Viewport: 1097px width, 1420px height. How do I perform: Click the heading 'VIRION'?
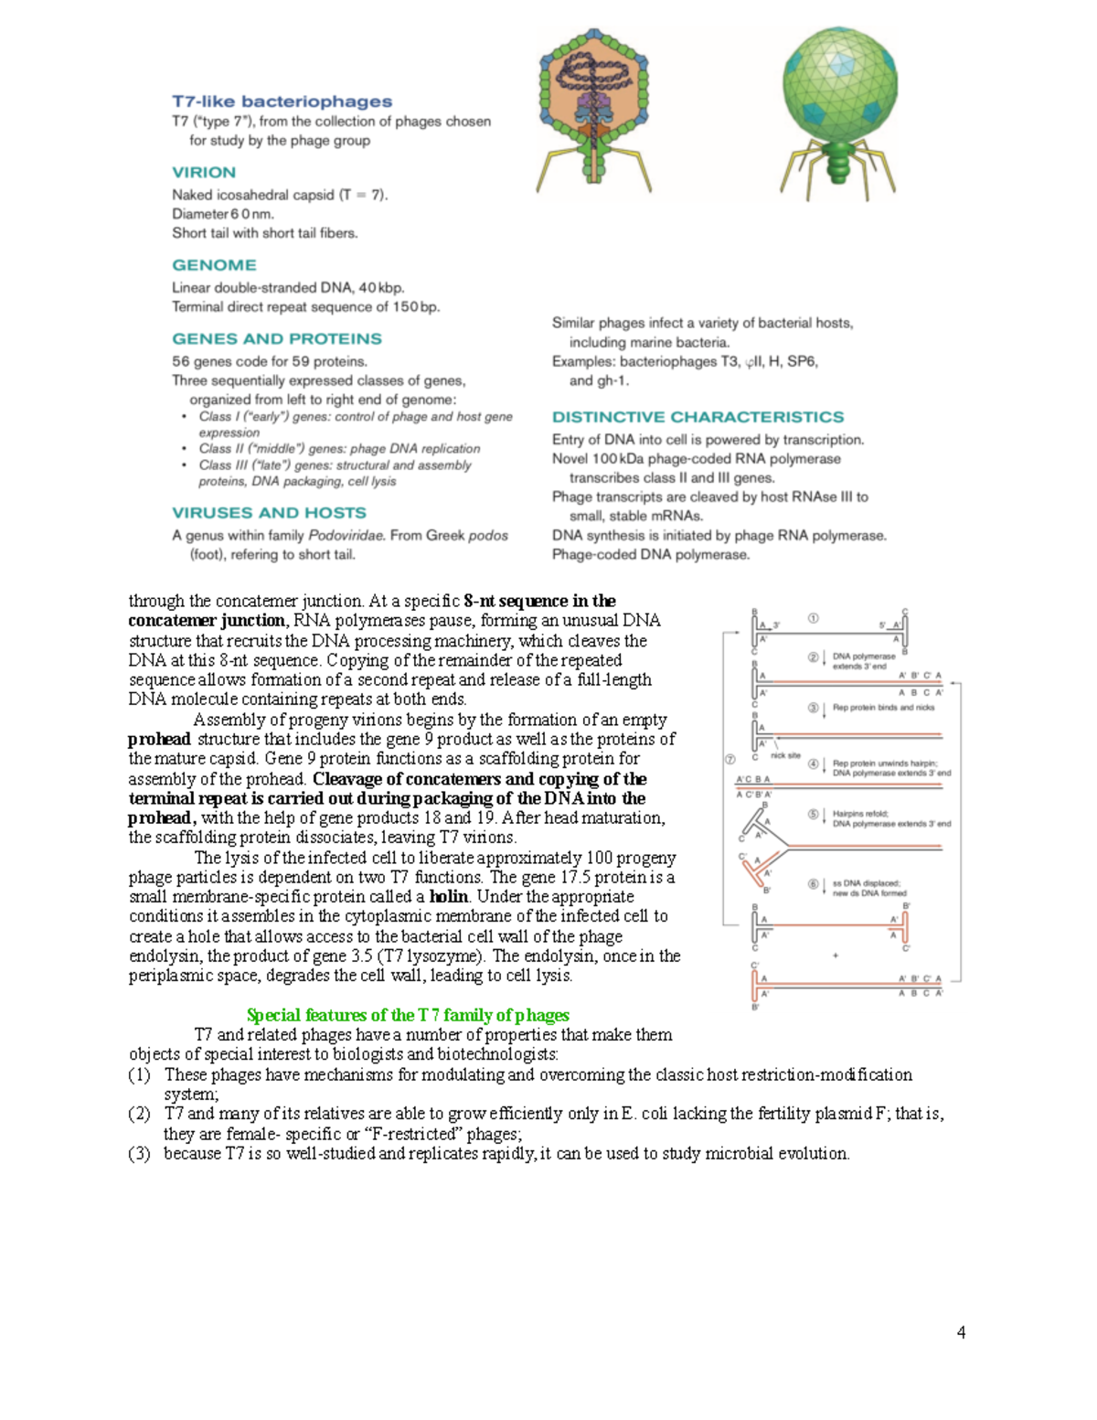204,172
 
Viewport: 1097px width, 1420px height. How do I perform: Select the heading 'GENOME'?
214,265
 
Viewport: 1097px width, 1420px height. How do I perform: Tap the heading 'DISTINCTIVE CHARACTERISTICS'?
698,417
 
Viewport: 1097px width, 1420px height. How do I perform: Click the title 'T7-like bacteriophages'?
282,101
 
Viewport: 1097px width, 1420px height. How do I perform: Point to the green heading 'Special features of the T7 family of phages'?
408,1015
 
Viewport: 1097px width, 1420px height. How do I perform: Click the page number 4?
961,1332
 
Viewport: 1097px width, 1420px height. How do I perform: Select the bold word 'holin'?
449,896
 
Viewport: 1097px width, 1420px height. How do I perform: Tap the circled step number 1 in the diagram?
813,618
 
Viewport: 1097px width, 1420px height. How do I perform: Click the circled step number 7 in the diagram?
730,759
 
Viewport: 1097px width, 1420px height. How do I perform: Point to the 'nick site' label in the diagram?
785,755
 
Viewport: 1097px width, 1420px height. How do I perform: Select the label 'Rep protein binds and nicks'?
883,708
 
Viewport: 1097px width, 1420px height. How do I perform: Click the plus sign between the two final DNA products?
836,956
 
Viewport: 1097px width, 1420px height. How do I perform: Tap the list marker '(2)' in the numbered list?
139,1114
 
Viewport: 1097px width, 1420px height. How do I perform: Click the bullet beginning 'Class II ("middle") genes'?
339,449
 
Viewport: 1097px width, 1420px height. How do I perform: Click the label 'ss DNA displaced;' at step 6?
866,883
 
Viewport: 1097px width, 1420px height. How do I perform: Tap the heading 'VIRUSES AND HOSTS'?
269,513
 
